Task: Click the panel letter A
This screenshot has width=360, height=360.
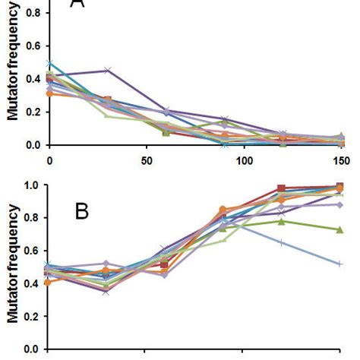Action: click(77, 5)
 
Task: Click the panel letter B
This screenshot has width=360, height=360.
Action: click(82, 210)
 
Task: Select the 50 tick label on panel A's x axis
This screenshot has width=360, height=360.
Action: click(146, 161)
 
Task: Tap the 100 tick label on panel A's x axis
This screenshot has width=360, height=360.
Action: click(242, 161)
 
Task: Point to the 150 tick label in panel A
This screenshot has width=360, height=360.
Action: click(340, 161)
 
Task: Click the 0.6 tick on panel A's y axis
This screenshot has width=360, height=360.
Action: click(32, 45)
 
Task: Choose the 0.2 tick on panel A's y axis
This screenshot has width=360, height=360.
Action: click(32, 111)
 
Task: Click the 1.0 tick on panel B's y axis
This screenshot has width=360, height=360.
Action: click(32, 185)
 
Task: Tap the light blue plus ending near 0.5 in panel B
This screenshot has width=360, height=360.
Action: click(339, 264)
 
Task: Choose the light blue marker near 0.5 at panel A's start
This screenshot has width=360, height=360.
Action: click(49, 63)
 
